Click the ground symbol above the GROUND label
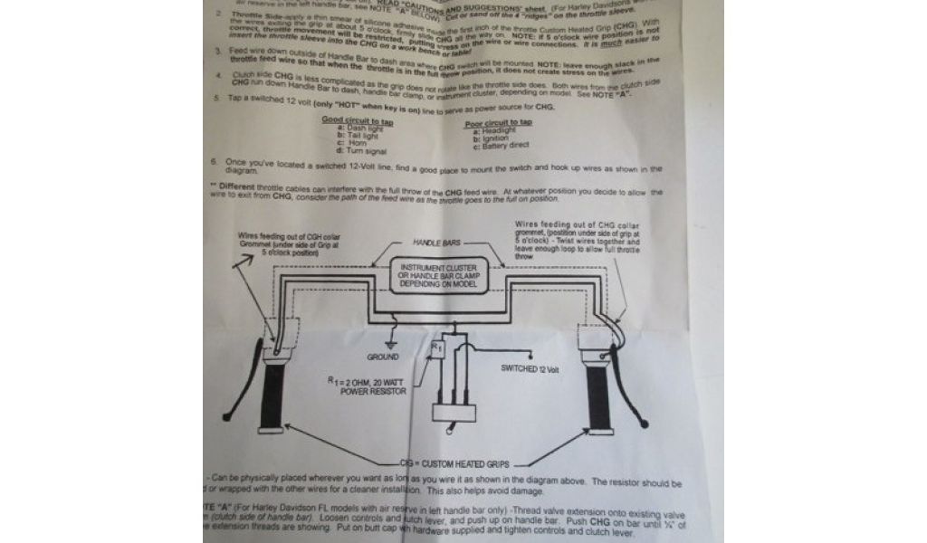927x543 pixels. click(391, 343)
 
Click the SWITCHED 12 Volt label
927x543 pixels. click(537, 369)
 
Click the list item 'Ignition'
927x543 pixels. click(493, 138)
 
